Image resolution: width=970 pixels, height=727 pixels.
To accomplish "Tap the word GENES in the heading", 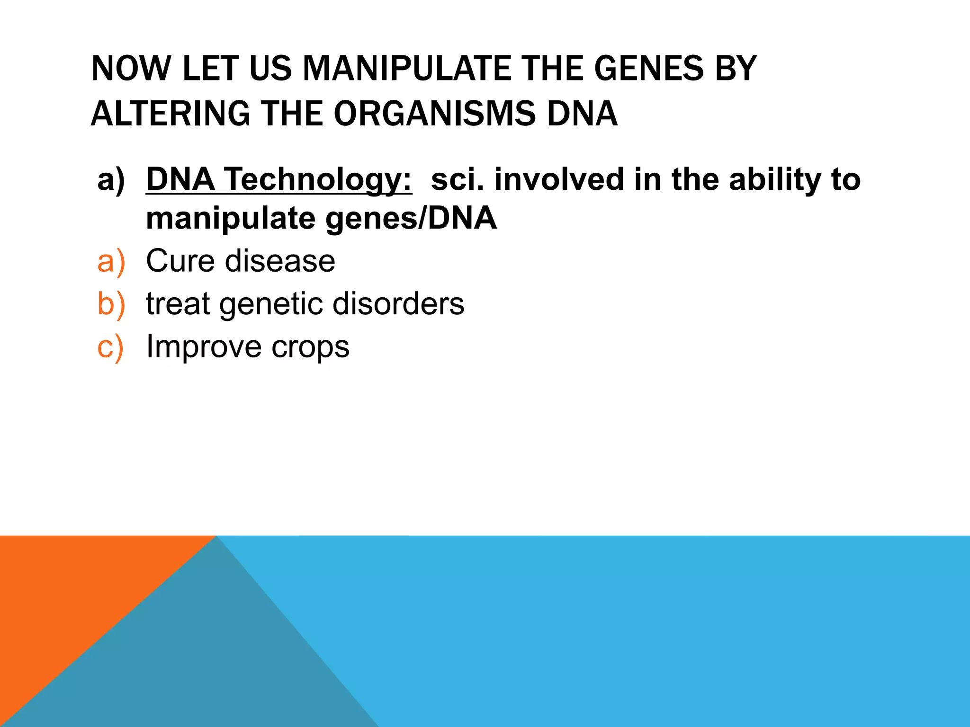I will (x=649, y=69).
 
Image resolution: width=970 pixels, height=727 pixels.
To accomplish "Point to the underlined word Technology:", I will (x=318, y=180).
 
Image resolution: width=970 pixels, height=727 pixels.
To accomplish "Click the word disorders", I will (x=398, y=303).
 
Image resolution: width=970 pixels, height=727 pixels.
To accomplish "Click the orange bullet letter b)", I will (x=111, y=303).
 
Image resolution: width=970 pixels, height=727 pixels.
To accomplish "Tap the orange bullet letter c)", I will (x=110, y=346).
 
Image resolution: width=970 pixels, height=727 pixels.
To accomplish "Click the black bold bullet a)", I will (x=111, y=180).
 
